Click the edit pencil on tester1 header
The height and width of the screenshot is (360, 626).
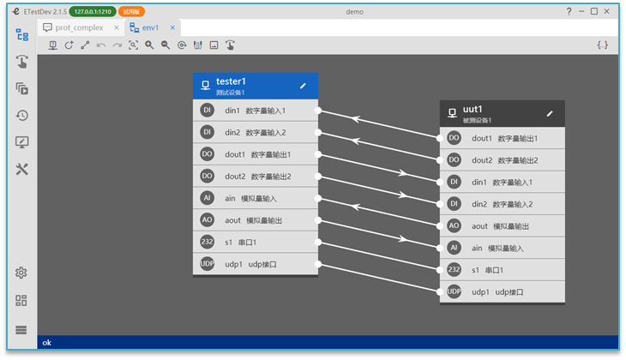[x=303, y=86]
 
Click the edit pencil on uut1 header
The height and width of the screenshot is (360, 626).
[x=550, y=114]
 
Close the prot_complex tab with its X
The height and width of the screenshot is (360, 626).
[x=117, y=27]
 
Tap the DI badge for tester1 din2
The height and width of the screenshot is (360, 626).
[x=207, y=132]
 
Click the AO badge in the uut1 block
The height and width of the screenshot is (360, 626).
[x=454, y=225]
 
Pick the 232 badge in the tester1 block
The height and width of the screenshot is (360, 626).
[x=207, y=242]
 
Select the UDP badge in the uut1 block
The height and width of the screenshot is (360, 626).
[x=454, y=291]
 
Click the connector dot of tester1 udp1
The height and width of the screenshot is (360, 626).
[x=318, y=264]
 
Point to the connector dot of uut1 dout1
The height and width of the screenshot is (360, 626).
[x=440, y=138]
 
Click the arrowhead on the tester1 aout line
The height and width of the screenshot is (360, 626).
[x=403, y=239]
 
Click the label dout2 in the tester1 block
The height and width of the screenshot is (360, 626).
[x=235, y=177]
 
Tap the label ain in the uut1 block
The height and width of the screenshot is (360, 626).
[x=477, y=249]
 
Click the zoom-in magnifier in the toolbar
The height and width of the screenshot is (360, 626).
[x=149, y=45]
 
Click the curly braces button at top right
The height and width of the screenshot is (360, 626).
[x=603, y=45]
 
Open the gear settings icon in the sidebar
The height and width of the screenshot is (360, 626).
[x=21, y=273]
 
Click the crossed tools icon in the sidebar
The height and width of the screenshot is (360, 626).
[x=22, y=169]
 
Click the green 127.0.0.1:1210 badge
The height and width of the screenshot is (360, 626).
[x=93, y=12]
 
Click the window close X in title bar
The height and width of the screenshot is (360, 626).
[x=607, y=11]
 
